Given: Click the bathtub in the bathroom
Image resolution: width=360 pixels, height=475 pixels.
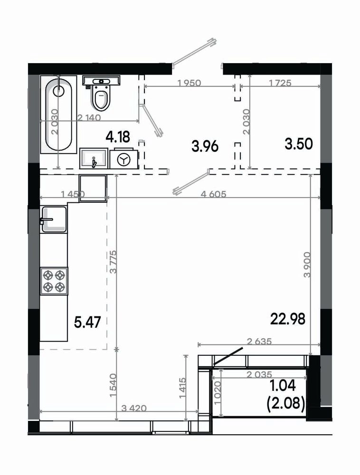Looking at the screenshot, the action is coord(58,114).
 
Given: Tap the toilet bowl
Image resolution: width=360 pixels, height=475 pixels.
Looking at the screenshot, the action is coord(101,97).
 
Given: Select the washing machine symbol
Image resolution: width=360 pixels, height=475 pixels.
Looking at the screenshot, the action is coord(124,159).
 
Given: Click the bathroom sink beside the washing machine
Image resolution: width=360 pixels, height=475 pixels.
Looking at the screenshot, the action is coord(94,158).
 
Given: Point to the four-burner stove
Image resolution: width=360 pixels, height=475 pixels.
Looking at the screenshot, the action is coord(54,281).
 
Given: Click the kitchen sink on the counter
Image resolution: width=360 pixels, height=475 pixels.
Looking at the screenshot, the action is coord(54,219).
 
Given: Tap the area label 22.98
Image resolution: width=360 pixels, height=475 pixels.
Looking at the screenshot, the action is coord(288,319).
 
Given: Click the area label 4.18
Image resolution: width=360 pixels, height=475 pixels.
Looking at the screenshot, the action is coord(118,137).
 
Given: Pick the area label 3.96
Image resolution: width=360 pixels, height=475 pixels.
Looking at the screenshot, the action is coord(205,147).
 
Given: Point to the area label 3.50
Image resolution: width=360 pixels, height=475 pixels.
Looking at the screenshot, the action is coord(299,144).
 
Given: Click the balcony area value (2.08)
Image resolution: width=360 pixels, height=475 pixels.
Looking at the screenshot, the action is coord(286,403).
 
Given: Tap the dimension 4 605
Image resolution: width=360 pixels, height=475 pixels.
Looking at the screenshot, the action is coord(213,194).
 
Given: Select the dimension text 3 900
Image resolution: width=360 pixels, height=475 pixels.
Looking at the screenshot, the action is coord(307,265).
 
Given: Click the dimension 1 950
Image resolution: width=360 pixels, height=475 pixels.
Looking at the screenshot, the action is coord(189,82).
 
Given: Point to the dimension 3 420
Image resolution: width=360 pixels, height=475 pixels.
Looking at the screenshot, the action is coord(134,408).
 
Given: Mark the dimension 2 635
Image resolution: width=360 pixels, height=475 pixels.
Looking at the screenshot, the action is coord(259,342).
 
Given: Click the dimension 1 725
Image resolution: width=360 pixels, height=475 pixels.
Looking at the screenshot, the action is coord(280,82).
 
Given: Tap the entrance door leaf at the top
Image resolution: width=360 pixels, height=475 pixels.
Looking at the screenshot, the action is coord(194,51).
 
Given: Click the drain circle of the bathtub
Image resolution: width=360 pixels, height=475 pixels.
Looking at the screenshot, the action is coord(58,90).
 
